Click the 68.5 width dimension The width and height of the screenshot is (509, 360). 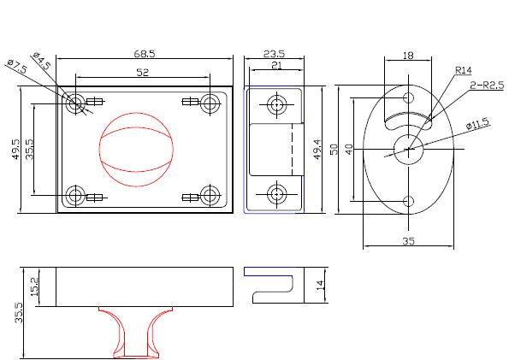point(145,53)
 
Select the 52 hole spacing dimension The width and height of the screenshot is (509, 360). point(143,72)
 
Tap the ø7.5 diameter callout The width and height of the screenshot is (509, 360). point(17,66)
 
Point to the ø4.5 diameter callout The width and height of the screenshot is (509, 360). point(42,60)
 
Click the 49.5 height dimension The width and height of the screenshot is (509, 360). point(16,149)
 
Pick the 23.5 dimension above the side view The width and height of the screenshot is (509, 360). point(274,54)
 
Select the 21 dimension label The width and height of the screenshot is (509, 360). point(276,65)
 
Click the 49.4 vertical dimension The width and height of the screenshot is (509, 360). point(317,149)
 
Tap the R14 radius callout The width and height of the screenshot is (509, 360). point(464,70)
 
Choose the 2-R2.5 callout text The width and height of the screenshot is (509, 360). point(487,85)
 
